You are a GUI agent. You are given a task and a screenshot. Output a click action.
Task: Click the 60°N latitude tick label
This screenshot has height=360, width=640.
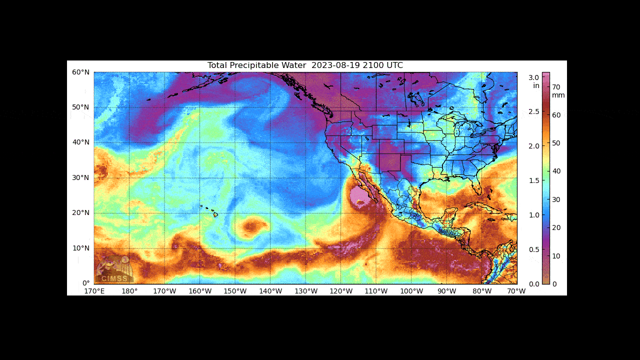(x=81, y=72)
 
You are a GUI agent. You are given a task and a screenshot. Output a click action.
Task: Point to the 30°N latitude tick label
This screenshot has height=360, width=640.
(x=81, y=177)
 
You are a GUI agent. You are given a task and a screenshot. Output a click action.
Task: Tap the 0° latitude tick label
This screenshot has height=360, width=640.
(x=85, y=283)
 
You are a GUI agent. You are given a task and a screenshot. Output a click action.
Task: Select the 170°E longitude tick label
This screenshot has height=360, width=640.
(x=94, y=291)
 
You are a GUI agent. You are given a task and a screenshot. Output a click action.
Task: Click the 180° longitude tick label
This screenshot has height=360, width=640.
(x=129, y=291)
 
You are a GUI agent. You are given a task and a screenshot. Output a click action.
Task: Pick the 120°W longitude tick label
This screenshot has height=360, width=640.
(x=341, y=291)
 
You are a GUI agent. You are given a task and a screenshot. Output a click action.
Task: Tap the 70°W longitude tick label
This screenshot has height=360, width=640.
(x=516, y=291)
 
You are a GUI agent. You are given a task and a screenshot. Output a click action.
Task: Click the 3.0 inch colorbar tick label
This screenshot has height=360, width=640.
(x=533, y=77)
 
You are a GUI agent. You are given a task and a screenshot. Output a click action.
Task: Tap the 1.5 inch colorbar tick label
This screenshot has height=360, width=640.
(x=533, y=180)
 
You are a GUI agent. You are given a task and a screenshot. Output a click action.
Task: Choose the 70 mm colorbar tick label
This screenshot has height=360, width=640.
(x=556, y=86)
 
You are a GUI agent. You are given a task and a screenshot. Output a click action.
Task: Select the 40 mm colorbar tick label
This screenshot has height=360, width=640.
(x=556, y=171)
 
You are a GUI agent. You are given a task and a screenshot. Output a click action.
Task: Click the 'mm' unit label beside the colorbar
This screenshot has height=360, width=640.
(x=558, y=95)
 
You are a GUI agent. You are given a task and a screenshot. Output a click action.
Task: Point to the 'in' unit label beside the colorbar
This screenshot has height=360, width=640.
(x=536, y=85)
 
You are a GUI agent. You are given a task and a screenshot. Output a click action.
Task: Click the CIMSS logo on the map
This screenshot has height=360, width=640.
(x=114, y=270)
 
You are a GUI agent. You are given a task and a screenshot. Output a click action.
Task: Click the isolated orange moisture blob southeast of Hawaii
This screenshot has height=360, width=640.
(x=250, y=227)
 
